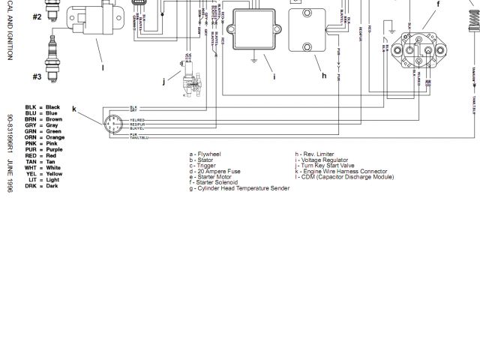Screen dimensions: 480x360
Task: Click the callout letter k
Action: coord(74,109)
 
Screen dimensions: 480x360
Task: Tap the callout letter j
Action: coord(163,81)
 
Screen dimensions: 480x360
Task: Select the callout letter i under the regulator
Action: coord(274,76)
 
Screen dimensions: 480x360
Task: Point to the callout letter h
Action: coord(324,75)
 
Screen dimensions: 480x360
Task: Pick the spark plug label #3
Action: coord(37,76)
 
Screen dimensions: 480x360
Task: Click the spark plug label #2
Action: coord(37,16)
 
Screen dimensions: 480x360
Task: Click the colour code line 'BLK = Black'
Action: coord(42,107)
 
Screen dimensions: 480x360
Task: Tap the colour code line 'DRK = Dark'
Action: coord(41,185)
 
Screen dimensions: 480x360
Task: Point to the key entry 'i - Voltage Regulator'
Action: coord(323,159)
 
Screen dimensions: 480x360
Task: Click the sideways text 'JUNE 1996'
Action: coord(10,174)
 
